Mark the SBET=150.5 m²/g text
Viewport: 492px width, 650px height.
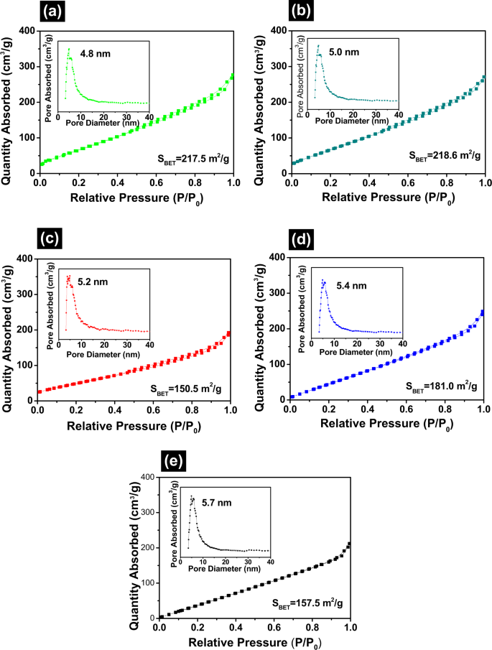tap(186, 389)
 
